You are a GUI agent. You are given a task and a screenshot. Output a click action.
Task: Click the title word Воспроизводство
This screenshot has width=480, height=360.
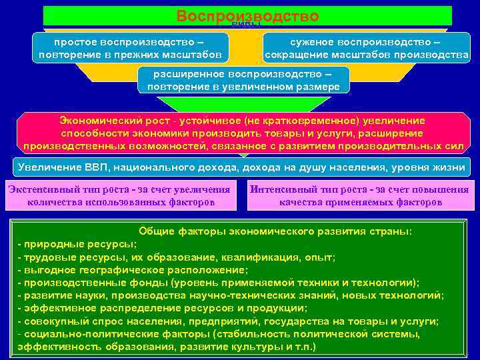247,15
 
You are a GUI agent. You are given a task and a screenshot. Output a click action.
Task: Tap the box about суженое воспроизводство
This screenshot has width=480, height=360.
366,47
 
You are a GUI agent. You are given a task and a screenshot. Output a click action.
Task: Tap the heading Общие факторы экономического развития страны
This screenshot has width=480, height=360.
275,231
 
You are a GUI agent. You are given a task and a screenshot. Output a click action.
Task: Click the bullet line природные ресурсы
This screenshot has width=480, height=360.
73,244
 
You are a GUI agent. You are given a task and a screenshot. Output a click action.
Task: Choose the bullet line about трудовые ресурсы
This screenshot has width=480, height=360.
176,257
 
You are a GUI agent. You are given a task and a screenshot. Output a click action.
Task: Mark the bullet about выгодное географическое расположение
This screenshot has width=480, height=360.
133,270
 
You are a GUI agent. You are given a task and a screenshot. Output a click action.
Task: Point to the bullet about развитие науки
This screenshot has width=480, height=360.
230,295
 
